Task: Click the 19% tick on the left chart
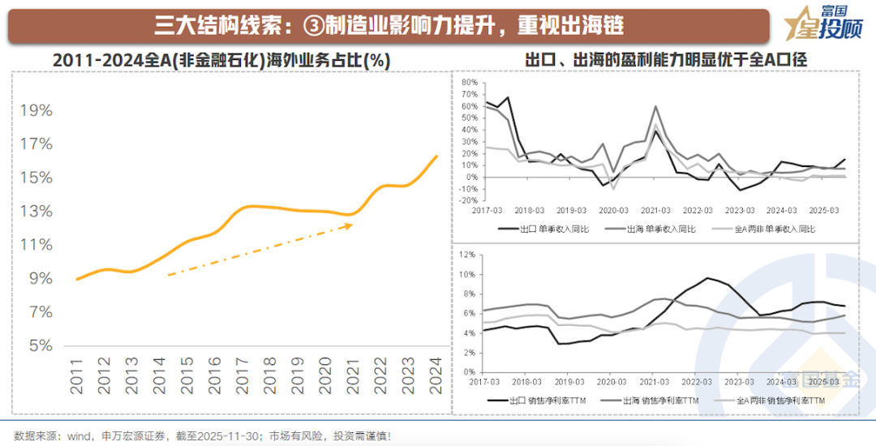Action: click(36, 110)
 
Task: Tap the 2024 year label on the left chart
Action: click(436, 376)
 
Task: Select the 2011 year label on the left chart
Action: click(77, 376)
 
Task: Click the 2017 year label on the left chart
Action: click(243, 376)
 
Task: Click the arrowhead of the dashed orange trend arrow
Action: click(350, 225)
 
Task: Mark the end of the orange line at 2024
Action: click(436, 156)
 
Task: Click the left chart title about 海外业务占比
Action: click(221, 61)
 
